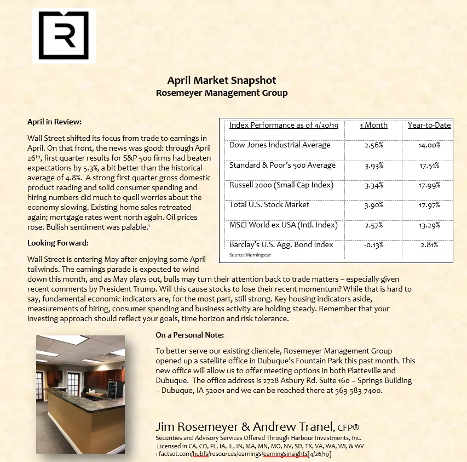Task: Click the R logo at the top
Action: click(64, 36)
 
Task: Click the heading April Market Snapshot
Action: click(222, 81)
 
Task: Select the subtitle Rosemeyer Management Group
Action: click(222, 93)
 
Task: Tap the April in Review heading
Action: click(54, 122)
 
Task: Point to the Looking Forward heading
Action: click(57, 243)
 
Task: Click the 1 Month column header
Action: click(373, 126)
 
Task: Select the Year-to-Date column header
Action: click(429, 126)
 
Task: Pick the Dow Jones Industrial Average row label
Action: click(280, 145)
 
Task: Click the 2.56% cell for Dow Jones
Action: click(376, 145)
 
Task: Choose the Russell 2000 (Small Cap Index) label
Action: click(281, 185)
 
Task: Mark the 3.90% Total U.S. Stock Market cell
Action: click(376, 205)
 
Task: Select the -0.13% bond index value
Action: click(374, 245)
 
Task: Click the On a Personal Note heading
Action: click(189, 335)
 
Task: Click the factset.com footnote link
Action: click(244, 454)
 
